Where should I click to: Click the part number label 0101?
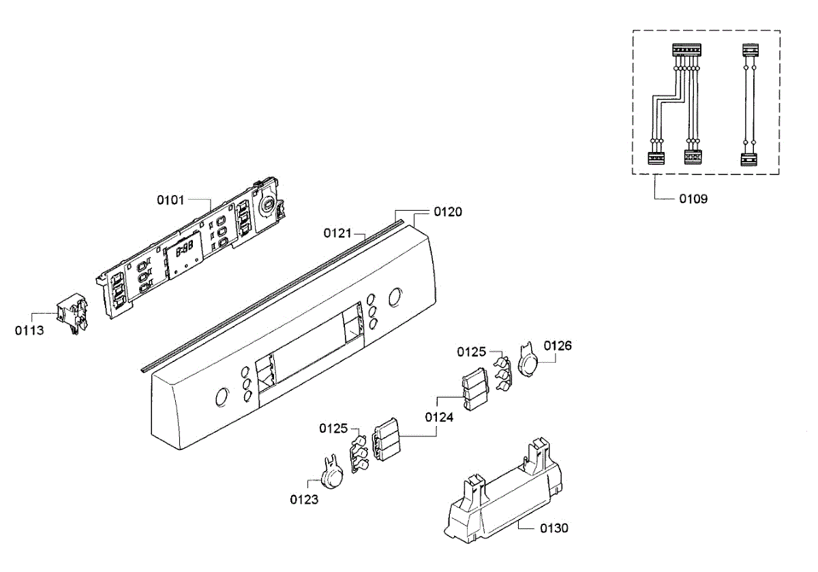[x=170, y=200]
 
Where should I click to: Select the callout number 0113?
[x=29, y=331]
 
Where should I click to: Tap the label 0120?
[x=448, y=212]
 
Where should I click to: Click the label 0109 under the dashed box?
[x=693, y=199]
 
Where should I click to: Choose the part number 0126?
[x=558, y=346]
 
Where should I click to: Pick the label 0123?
[x=304, y=499]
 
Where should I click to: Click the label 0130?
[x=554, y=528]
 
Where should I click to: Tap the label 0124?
[x=439, y=417]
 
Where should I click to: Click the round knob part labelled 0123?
[x=331, y=475]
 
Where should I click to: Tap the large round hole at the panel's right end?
[x=394, y=297]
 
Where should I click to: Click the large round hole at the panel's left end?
[x=221, y=397]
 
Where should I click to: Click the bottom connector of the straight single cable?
[x=749, y=160]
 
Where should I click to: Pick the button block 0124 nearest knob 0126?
[x=476, y=389]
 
